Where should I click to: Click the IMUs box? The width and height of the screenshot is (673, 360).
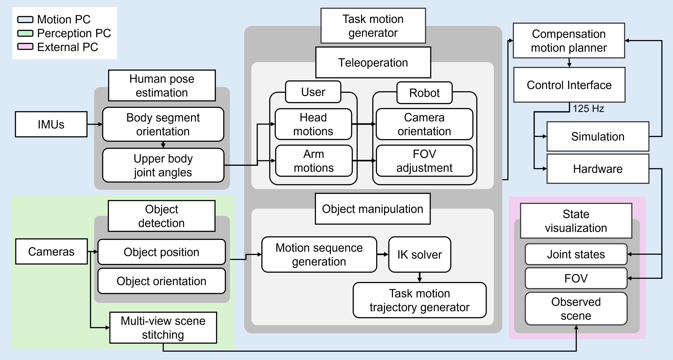pyautogui.click(x=51, y=124)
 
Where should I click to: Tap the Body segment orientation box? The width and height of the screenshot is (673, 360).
pyautogui.click(x=163, y=125)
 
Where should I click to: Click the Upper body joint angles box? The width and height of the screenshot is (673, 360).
pyautogui.click(x=163, y=165)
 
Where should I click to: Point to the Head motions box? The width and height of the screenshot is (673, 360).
pyautogui.click(x=313, y=124)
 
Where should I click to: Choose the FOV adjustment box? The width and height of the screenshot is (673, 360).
pyautogui.click(x=424, y=161)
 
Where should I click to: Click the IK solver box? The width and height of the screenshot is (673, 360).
pyautogui.click(x=420, y=254)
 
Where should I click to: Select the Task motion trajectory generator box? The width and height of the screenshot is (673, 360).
pyautogui.click(x=420, y=300)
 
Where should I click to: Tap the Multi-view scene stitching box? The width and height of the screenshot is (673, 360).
pyautogui.click(x=163, y=328)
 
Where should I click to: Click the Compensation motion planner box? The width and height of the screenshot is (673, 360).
pyautogui.click(x=569, y=41)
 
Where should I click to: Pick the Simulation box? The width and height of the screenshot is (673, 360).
pyautogui.click(x=598, y=136)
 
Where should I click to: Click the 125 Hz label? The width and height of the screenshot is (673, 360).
pyautogui.click(x=588, y=108)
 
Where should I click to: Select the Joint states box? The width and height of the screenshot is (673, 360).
pyautogui.click(x=576, y=254)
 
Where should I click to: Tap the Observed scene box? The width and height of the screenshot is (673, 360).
pyautogui.click(x=576, y=309)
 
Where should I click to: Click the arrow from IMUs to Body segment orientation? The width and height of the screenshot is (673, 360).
pyautogui.click(x=95, y=124)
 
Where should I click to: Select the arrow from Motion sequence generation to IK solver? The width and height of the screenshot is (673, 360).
pyautogui.click(x=382, y=254)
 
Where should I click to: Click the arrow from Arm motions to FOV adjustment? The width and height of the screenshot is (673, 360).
pyautogui.click(x=364, y=161)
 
